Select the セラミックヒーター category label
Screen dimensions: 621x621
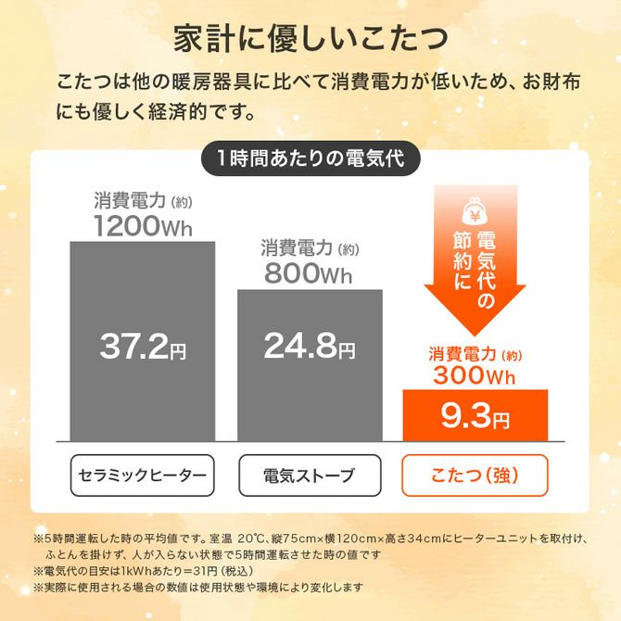(143, 476)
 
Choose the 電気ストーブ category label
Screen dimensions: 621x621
(310, 476)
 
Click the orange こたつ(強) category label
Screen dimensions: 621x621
(475, 476)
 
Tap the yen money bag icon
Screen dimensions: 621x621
(475, 209)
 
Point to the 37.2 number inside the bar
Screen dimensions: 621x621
(134, 349)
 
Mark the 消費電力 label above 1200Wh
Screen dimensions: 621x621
(130, 200)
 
